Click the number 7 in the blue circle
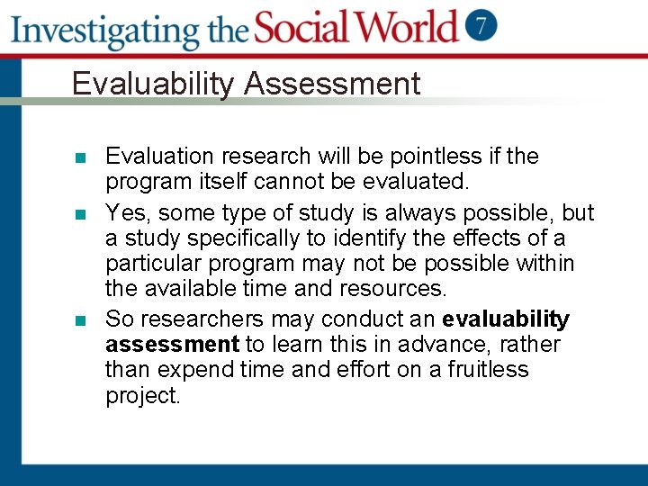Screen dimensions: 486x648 coord(481,25)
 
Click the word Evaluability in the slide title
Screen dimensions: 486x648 coord(154,84)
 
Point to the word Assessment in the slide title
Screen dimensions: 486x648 coord(332,84)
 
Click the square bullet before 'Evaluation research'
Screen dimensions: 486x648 coord(80,158)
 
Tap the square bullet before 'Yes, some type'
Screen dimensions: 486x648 coord(80,214)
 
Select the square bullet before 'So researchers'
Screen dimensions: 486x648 coord(80,320)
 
